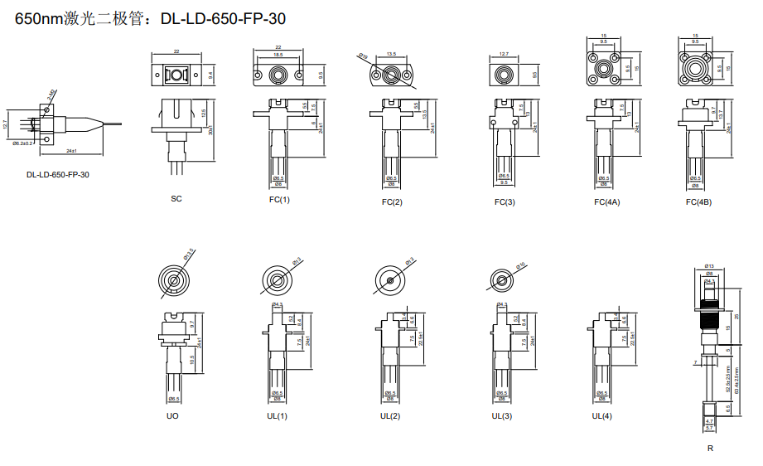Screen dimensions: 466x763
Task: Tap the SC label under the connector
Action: [x=176, y=199]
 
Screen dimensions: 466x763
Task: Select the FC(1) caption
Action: [x=279, y=200]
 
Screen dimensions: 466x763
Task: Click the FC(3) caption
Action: [x=505, y=202]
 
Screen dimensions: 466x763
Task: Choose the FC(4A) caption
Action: [x=606, y=202]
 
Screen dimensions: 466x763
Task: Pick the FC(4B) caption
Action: [x=698, y=202]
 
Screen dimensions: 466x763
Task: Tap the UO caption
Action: [x=172, y=415]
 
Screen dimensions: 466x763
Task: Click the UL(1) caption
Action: [x=278, y=415]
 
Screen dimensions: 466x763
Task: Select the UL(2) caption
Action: [x=390, y=415]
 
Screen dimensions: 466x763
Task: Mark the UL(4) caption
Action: [x=602, y=415]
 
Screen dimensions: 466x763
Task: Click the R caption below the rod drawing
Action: [x=710, y=449]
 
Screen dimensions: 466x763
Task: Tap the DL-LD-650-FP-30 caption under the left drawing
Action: [x=58, y=175]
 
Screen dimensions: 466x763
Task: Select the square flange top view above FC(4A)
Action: [x=604, y=68]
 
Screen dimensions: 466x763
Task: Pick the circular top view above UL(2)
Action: [x=390, y=281]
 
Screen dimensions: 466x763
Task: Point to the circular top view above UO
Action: [x=173, y=279]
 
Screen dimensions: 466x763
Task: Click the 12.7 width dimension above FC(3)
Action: [x=504, y=56]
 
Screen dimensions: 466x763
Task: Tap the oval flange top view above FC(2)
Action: [x=390, y=75]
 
